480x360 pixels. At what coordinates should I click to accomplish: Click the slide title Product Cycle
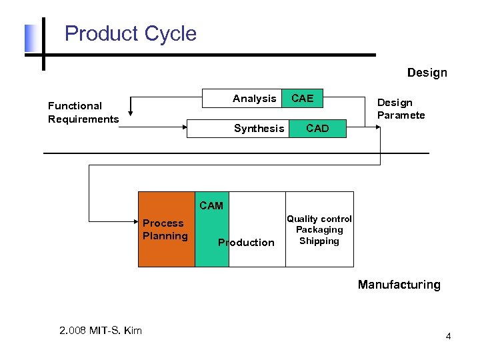coord(131,33)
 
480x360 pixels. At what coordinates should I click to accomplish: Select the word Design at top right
coord(427,73)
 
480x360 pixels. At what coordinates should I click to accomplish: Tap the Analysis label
coord(254,99)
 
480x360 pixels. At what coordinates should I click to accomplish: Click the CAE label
coord(302,99)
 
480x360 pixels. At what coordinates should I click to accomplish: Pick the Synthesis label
coord(259,129)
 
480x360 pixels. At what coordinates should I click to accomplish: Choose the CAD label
coord(317,129)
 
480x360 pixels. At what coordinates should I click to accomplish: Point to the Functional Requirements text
coord(83,112)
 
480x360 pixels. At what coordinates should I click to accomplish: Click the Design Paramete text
coord(401,109)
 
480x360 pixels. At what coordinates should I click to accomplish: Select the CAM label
coord(211,205)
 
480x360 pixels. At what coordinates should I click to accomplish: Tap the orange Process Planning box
coord(166,229)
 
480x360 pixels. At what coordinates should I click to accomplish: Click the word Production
coord(246,242)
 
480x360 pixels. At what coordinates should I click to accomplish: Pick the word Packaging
coord(319,230)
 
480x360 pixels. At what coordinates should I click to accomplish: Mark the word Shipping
coord(319,241)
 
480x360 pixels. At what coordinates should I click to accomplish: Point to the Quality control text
coord(319,219)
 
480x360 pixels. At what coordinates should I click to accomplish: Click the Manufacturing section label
coord(399,285)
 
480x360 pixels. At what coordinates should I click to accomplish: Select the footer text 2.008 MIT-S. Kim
coord(100,331)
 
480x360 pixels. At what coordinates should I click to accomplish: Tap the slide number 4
coord(448,336)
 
